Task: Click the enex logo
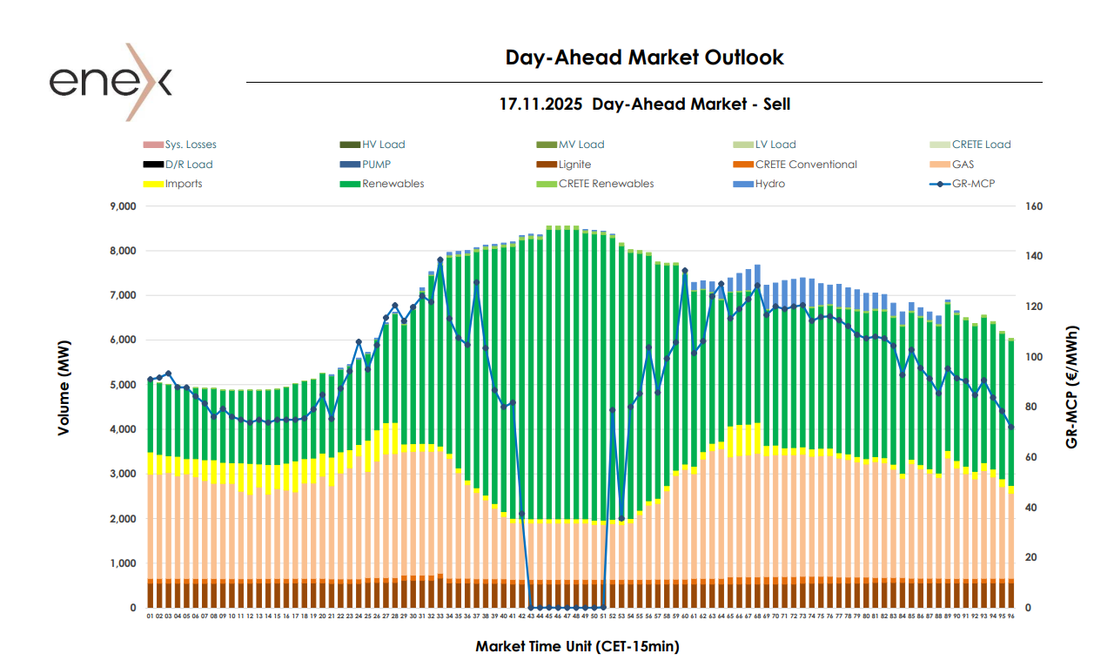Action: click(111, 82)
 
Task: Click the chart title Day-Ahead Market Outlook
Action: click(644, 57)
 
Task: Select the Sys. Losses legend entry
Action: click(191, 145)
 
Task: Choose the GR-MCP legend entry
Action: click(974, 184)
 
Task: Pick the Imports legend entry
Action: click(184, 184)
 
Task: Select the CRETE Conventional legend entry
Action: click(806, 165)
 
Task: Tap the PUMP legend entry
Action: click(376, 165)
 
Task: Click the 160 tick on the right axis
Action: click(1034, 206)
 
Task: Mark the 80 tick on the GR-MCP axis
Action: click(1031, 407)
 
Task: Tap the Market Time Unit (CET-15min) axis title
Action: click(577, 646)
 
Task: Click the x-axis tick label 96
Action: click(1011, 616)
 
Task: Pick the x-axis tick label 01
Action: click(150, 616)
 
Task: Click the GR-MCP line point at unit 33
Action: click(440, 259)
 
